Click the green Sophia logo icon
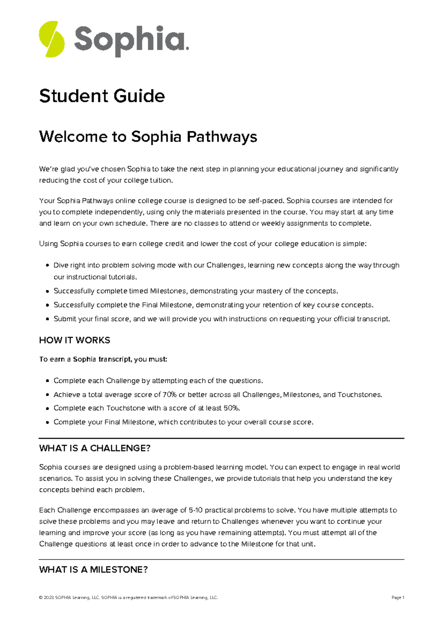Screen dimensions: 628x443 pyautogui.click(x=52, y=39)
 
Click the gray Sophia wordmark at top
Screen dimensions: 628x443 pyautogui.click(x=131, y=40)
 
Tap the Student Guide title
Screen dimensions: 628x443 pyautogui.click(x=102, y=96)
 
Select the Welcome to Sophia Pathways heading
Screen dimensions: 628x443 pyautogui.click(x=148, y=136)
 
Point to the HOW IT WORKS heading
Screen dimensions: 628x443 pyautogui.click(x=75, y=340)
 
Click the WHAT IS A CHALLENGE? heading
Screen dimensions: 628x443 pyautogui.click(x=95, y=448)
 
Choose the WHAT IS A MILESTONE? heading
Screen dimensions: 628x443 pyautogui.click(x=93, y=570)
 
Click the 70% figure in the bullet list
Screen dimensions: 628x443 pyautogui.click(x=169, y=395)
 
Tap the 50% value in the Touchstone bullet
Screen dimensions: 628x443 pyautogui.click(x=231, y=408)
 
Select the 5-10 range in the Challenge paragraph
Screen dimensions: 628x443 pyautogui.click(x=196, y=510)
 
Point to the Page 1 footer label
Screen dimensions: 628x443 pyautogui.click(x=398, y=598)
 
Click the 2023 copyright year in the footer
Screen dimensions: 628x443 pyautogui.click(x=48, y=598)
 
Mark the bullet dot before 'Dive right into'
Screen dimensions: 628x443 pyautogui.click(x=47, y=266)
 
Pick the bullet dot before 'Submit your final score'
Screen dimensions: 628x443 pyautogui.click(x=47, y=319)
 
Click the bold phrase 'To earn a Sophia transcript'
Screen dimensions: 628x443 pyautogui.click(x=85, y=359)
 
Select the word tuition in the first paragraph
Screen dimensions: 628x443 pyautogui.click(x=161, y=180)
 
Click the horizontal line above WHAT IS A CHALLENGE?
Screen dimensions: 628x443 pyautogui.click(x=221, y=438)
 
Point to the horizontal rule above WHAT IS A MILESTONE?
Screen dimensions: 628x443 pyautogui.click(x=221, y=560)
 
